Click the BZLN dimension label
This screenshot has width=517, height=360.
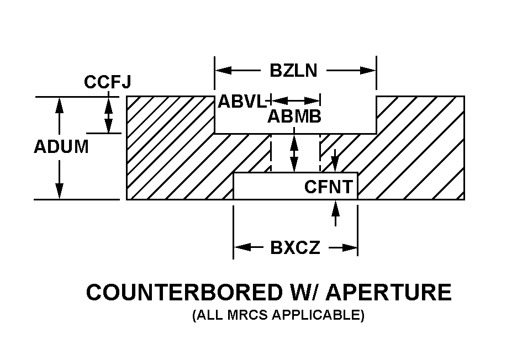pos(293,71)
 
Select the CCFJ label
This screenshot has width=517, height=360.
pos(107,82)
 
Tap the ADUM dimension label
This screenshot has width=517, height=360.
pos(61,147)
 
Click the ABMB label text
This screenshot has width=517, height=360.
pos(294,117)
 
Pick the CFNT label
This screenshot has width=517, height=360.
pos(328,187)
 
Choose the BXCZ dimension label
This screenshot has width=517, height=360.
pos(295,247)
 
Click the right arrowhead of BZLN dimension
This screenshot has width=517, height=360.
pos(368,71)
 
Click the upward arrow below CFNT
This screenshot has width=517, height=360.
pos(335,213)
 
